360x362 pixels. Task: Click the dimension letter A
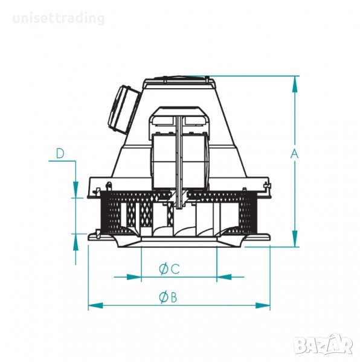coord(294,154)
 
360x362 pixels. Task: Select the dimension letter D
coord(60,153)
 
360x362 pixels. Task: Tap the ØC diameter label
coord(169,268)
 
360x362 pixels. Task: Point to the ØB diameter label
coord(168,297)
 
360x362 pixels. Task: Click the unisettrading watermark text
coord(59,18)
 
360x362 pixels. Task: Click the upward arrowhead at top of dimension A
coord(295,84)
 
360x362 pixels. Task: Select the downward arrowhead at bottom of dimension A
coord(295,238)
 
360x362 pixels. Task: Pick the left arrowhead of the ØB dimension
coord(95,306)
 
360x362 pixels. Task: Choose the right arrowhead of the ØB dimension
coord(263,306)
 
